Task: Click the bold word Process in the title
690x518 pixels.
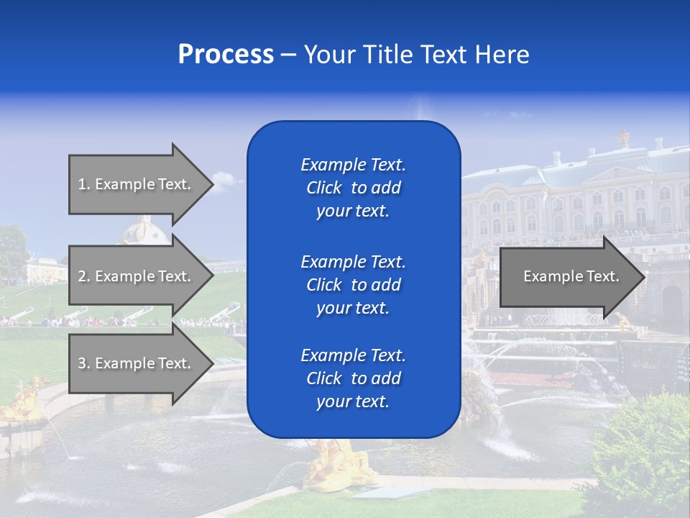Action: pyautogui.click(x=226, y=55)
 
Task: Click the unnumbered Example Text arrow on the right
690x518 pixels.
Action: pyautogui.click(x=568, y=276)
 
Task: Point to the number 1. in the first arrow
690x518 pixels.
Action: pyautogui.click(x=83, y=184)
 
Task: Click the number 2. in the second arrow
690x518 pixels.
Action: pyautogui.click(x=83, y=276)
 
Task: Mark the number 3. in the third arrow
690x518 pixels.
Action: pyautogui.click(x=83, y=363)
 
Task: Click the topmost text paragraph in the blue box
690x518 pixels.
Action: pyautogui.click(x=353, y=188)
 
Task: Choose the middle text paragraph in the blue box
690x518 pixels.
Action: pyautogui.click(x=353, y=285)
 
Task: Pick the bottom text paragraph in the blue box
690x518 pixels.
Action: pyautogui.click(x=353, y=378)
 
